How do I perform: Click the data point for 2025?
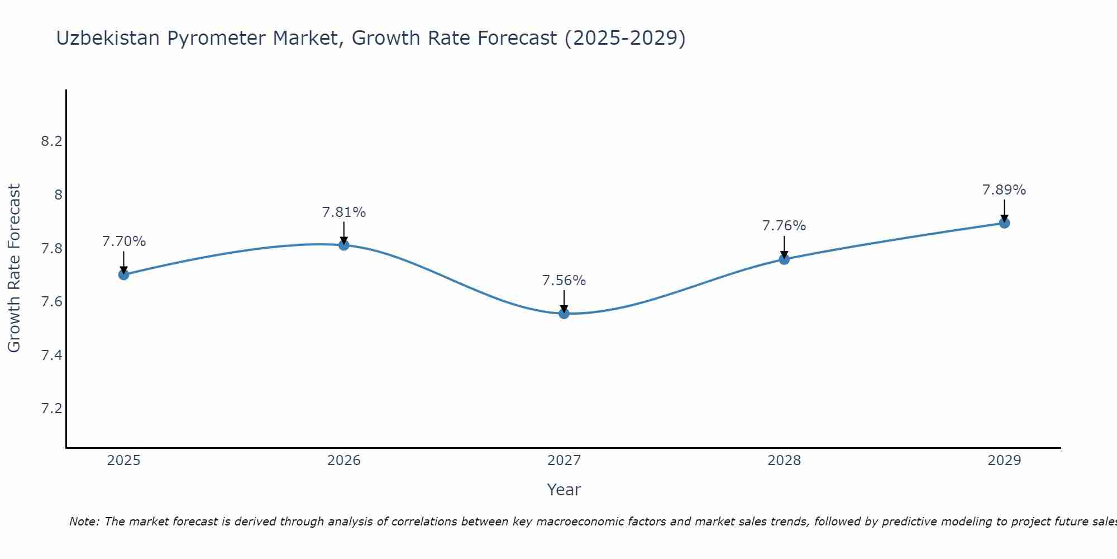click(124, 274)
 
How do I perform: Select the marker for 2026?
click(344, 245)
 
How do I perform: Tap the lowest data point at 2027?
click(564, 314)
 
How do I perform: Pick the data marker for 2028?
click(784, 259)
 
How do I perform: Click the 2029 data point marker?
click(1004, 223)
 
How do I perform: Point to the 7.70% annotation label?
click(124, 241)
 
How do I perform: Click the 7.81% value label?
click(344, 212)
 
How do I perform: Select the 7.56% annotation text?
click(564, 281)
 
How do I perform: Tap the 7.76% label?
click(784, 226)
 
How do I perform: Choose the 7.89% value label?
click(1004, 190)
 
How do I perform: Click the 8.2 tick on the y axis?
click(51, 141)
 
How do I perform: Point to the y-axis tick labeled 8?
click(58, 195)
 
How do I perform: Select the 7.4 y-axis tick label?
click(51, 355)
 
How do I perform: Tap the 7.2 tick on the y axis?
click(51, 409)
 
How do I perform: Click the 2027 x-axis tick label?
click(564, 461)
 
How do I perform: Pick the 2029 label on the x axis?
click(1004, 461)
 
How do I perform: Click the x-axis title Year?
click(564, 490)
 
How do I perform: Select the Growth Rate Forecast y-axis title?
click(14, 268)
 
